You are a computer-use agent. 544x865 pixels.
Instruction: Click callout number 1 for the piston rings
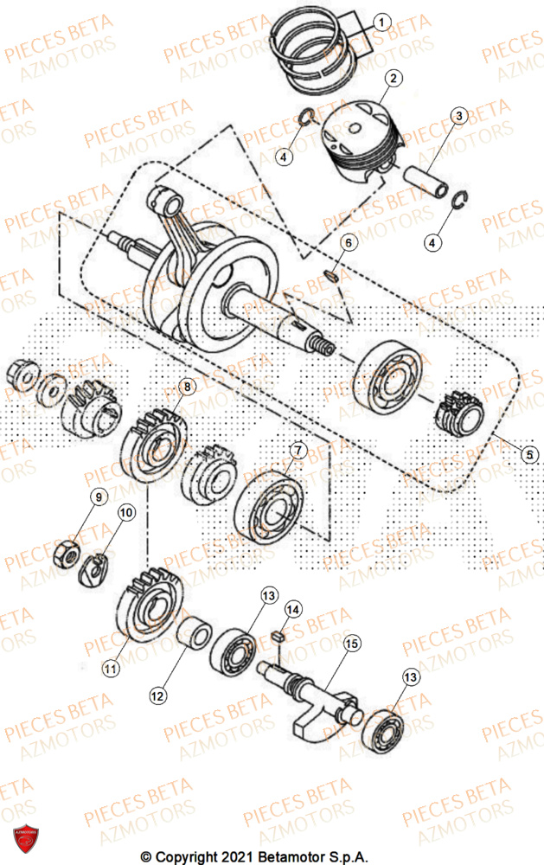coord(381,21)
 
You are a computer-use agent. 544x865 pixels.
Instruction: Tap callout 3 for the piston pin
coord(458,115)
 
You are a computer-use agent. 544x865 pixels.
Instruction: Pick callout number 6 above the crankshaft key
coord(346,244)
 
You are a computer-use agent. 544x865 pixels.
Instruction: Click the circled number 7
coord(297,451)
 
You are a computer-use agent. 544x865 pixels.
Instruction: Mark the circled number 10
coord(126,513)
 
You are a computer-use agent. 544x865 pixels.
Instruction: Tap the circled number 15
coord(352,644)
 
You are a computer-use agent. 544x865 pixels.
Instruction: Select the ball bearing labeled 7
coord(277,501)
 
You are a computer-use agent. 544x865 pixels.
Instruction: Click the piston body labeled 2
coord(359,138)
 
